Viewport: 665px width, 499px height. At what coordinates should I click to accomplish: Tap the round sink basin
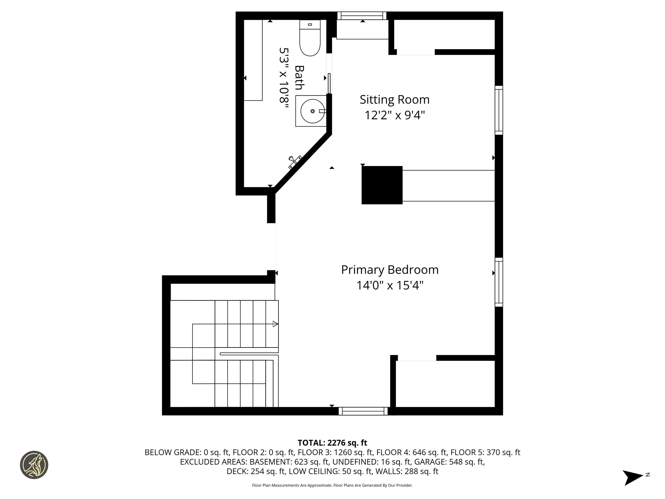click(x=312, y=111)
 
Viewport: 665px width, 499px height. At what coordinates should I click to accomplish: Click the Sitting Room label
click(x=394, y=100)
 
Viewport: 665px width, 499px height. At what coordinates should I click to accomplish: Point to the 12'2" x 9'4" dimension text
click(x=394, y=115)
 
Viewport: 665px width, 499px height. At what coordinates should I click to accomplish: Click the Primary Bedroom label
click(x=390, y=270)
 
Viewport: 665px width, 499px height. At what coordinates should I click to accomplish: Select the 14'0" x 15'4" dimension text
click(x=390, y=285)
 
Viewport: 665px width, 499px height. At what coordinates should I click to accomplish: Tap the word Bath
click(x=299, y=78)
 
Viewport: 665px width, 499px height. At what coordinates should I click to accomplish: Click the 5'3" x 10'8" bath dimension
click(x=284, y=79)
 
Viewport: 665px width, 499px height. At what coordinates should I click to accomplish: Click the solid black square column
click(x=382, y=185)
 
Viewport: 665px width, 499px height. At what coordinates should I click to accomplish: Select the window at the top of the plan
click(x=362, y=16)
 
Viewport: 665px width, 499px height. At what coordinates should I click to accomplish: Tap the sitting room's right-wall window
click(x=499, y=110)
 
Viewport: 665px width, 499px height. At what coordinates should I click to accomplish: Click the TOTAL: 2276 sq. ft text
click(x=332, y=443)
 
